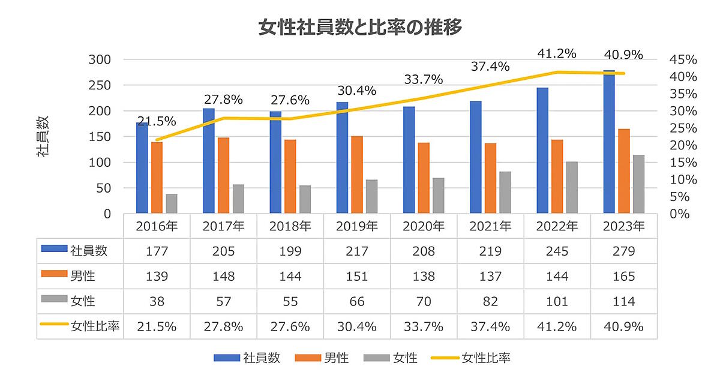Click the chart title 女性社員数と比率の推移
(360, 28)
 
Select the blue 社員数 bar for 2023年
(609, 142)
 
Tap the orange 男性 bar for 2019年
(357, 175)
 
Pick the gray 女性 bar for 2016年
(172, 203)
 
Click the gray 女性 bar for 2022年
(571, 187)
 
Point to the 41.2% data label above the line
(557, 53)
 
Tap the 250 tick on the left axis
(100, 85)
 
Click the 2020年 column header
(424, 226)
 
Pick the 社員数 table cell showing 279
(624, 251)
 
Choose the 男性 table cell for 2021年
(490, 276)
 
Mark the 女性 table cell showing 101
(557, 301)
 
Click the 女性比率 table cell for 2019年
(357, 326)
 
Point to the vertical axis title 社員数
(43, 136)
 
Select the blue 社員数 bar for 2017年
(209, 161)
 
